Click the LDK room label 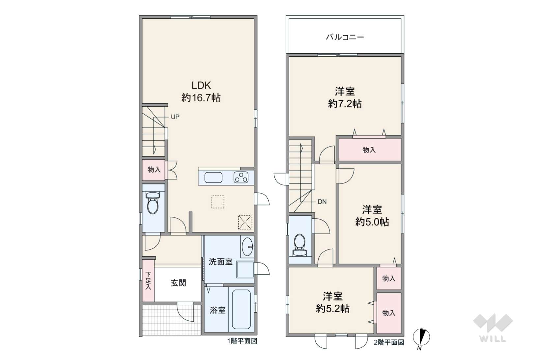(201, 85)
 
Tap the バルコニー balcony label (345, 37)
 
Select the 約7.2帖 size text (345, 104)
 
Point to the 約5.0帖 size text (372, 222)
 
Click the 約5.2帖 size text (333, 308)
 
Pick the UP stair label (175, 117)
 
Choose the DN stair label (322, 202)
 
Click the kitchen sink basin (213, 178)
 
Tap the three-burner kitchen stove (241, 178)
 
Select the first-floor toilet (153, 203)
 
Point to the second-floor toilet (299, 245)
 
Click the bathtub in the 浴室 (241, 309)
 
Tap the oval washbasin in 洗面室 (247, 247)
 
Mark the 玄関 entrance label (178, 283)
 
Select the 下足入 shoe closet (148, 281)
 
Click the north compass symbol (421, 338)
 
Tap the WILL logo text (493, 339)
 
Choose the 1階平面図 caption (242, 341)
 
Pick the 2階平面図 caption (389, 343)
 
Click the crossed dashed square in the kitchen (245, 222)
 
